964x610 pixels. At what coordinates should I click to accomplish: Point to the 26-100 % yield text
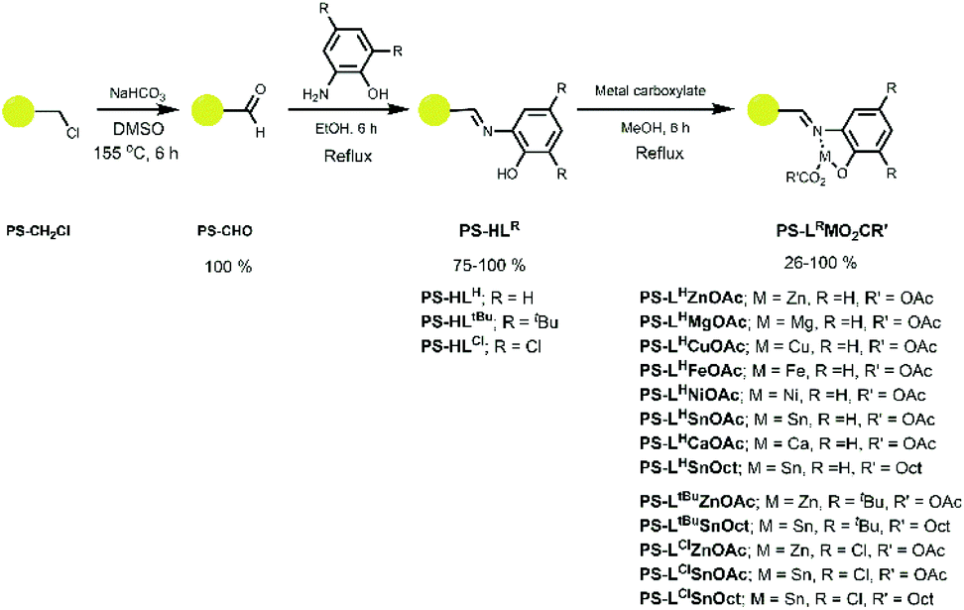click(798, 266)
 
